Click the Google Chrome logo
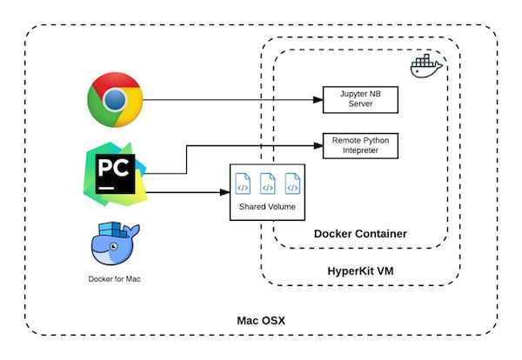click(115, 100)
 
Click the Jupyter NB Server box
click(359, 100)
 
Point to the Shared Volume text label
click(267, 209)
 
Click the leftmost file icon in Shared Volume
click(243, 186)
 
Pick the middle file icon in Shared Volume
click(268, 186)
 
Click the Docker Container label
click(359, 234)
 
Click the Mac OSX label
click(260, 321)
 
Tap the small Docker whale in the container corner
click(426, 68)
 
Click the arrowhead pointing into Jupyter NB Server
click(318, 100)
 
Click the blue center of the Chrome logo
click(115, 100)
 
